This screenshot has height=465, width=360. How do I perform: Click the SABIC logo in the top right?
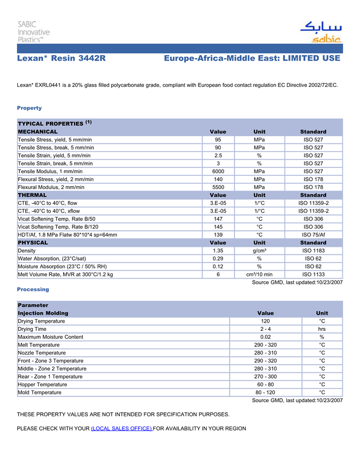point(320,31)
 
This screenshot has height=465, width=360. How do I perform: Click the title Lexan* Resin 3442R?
point(61,59)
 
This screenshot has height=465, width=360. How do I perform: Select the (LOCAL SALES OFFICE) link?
point(121,429)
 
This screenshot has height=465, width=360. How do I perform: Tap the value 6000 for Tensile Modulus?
point(218,171)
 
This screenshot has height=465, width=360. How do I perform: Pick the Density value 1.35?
point(218,250)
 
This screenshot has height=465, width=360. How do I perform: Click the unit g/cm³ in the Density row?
point(259,250)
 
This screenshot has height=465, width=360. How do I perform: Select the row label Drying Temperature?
point(42,321)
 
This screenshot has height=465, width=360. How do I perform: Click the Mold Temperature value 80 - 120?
point(265,393)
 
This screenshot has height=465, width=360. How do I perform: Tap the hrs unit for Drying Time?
point(322,329)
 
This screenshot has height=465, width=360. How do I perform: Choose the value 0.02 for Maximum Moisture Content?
point(265,337)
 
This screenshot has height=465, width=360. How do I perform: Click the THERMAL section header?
point(32,195)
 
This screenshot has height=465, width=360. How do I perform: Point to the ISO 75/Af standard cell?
point(313,235)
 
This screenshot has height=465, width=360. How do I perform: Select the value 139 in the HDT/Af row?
point(218,235)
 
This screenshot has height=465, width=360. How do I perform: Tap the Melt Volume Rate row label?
point(65,274)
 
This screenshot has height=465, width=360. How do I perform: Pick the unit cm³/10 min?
point(259,274)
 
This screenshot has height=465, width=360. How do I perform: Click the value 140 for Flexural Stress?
point(218,179)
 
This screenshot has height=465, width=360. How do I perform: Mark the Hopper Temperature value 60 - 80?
point(265,384)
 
